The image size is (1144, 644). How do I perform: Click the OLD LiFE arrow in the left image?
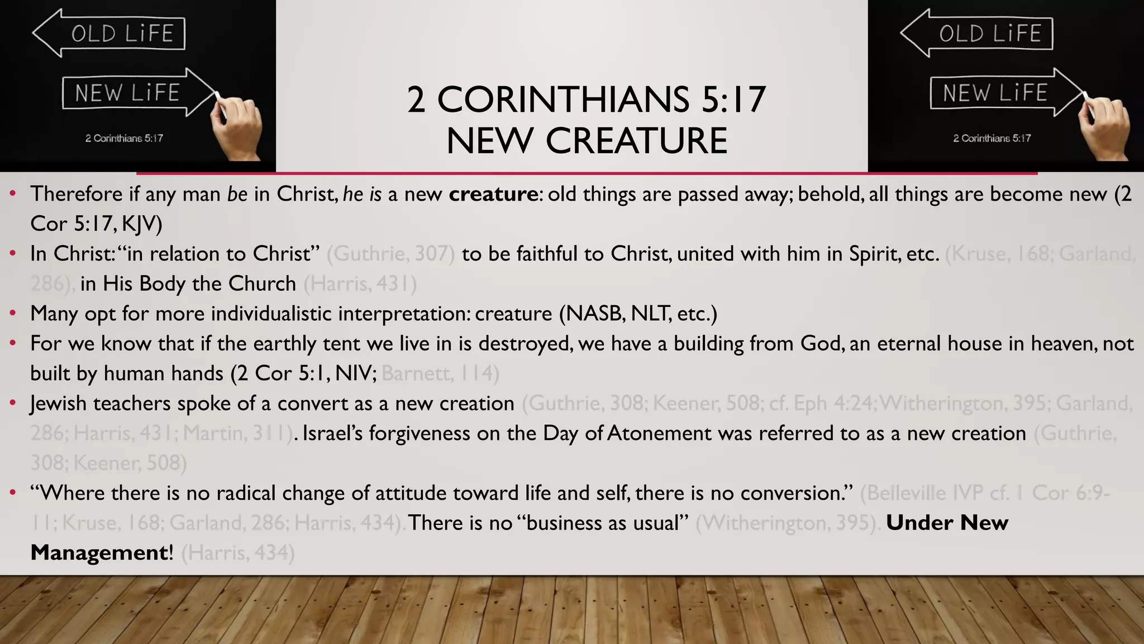[x=109, y=34]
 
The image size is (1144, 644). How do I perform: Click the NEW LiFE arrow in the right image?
[x=1005, y=93]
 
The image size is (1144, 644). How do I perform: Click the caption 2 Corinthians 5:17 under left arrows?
[x=124, y=138]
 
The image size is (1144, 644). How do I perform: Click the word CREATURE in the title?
[x=636, y=140]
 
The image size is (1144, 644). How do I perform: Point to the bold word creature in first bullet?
[x=493, y=194]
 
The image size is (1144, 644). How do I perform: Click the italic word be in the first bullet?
[x=237, y=194]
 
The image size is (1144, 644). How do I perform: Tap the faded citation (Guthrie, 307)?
[x=390, y=254]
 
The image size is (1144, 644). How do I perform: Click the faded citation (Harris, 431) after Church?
[x=360, y=284]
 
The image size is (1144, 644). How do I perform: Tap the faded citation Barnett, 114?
[x=440, y=373]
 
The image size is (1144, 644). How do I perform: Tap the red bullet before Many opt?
[x=12, y=314]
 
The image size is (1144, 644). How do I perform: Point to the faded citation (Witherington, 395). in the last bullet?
[x=788, y=523]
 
